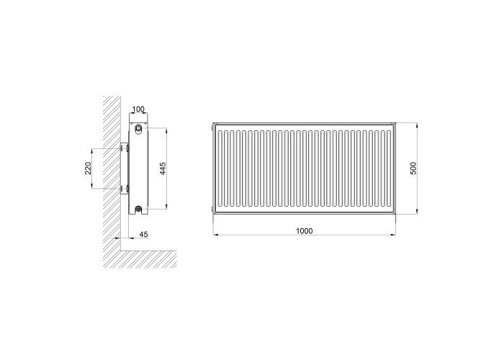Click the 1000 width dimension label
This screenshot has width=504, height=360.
click(304, 231)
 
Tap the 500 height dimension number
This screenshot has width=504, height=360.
click(413, 168)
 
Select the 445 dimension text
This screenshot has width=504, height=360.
click(163, 168)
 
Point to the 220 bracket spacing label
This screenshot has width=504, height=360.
click(88, 168)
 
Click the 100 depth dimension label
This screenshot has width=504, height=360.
click(138, 109)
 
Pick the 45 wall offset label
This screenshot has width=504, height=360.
click(144, 234)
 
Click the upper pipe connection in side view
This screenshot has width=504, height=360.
click(138, 128)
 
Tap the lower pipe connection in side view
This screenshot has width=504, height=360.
click(138, 210)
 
